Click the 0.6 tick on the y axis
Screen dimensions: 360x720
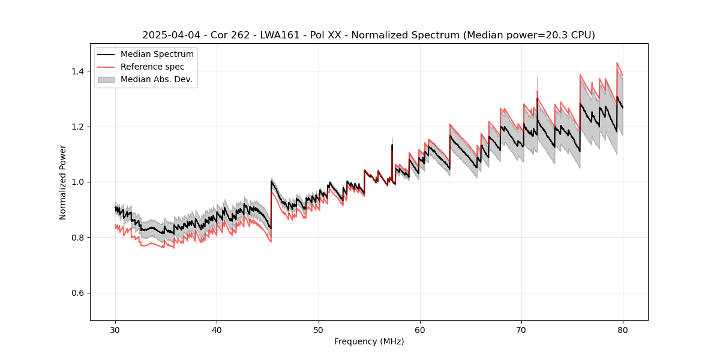coord(79,293)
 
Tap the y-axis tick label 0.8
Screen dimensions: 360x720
coord(79,238)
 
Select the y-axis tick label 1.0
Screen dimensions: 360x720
coord(79,182)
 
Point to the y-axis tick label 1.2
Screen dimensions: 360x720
coord(79,127)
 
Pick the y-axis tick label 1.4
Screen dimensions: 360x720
coord(79,71)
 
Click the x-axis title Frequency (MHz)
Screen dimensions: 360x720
coord(369,341)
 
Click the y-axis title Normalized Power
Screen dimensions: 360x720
coord(63,182)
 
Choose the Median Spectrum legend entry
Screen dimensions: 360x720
coord(157,55)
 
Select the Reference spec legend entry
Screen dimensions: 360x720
coord(152,67)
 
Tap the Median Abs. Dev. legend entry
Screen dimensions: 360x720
coord(156,79)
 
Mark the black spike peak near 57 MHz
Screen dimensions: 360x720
coord(392,145)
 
